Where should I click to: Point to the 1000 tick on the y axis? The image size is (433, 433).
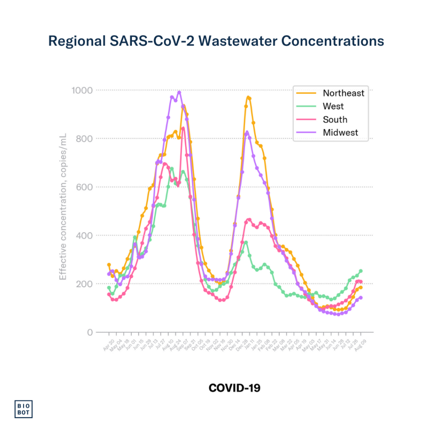click(82, 90)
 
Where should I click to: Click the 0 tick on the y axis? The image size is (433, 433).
click(89, 332)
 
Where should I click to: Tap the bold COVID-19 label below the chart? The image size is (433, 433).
click(234, 388)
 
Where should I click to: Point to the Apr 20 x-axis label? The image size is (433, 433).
click(108, 343)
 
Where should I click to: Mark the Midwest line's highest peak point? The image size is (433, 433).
click(179, 93)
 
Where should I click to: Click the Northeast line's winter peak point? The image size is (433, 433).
click(248, 98)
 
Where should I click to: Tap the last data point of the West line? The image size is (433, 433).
click(361, 271)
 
